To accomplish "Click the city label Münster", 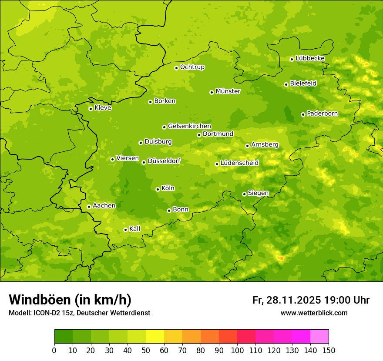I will coord(228,91).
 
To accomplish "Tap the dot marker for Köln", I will coord(158,189).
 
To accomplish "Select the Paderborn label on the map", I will coord(323,114).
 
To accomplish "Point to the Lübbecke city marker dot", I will coord(292,59).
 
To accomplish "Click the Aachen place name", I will coord(104,206).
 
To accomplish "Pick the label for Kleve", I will coord(103,108).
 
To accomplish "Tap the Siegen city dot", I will coord(244,194).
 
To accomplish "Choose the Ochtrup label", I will coord(192,67).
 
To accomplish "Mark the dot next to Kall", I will coord(125,230).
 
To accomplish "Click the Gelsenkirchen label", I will coord(189,126).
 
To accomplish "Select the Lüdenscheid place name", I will coord(239,163).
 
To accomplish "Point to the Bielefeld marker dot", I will coord(286,84).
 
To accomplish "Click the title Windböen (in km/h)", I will coord(70,300).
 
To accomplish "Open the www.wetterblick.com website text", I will coord(314,313).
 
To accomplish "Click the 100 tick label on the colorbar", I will coord(237,350).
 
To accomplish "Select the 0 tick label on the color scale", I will coord(54,350).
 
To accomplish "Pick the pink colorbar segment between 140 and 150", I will coord(319,337).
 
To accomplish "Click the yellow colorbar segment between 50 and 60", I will coord(155,337).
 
